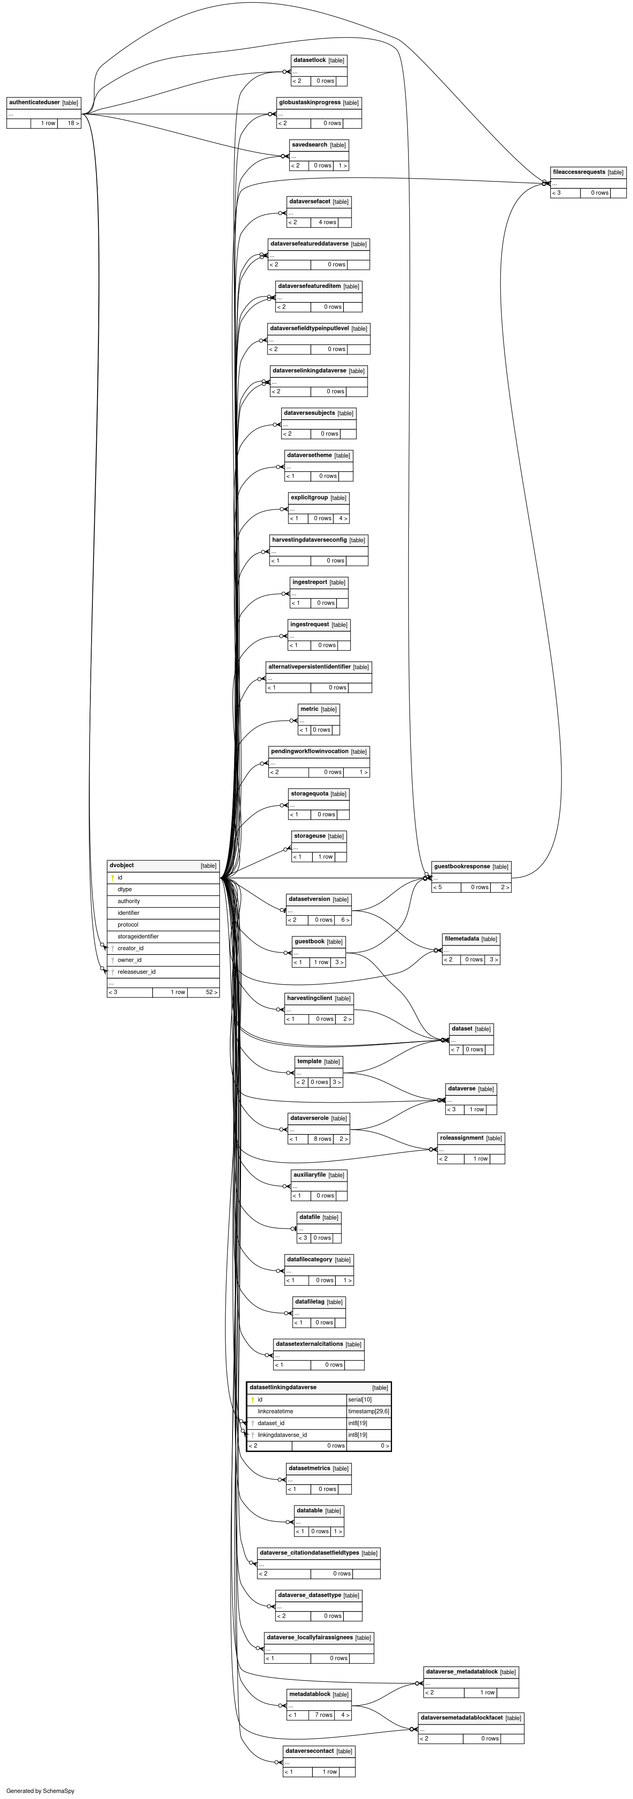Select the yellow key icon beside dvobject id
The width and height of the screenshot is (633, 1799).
point(112,878)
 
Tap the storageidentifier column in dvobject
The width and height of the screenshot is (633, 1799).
point(138,936)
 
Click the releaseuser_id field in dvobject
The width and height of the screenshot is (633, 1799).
point(136,971)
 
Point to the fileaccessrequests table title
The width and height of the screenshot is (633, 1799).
point(578,172)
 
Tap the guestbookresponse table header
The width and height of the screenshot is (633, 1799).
point(462,867)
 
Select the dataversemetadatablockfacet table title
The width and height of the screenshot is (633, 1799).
point(461,1717)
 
